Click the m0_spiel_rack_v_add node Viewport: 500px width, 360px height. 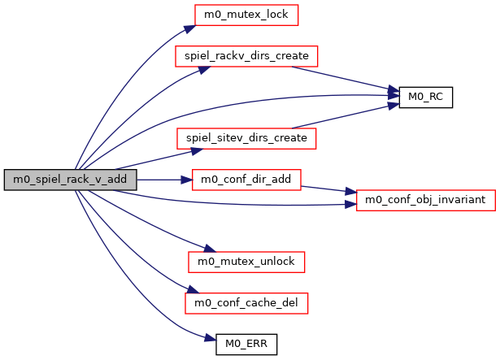70,180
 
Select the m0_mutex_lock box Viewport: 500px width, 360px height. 235,15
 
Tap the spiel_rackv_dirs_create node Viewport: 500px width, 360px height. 246,56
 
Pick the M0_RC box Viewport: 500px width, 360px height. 425,97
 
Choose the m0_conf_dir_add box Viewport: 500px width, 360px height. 246,180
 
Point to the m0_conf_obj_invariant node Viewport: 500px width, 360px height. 424,200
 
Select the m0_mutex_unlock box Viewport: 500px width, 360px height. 246,262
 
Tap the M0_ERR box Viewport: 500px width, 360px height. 246,344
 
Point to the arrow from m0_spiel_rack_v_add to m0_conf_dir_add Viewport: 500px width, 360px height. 163,180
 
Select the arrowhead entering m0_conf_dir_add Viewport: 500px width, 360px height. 187,180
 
